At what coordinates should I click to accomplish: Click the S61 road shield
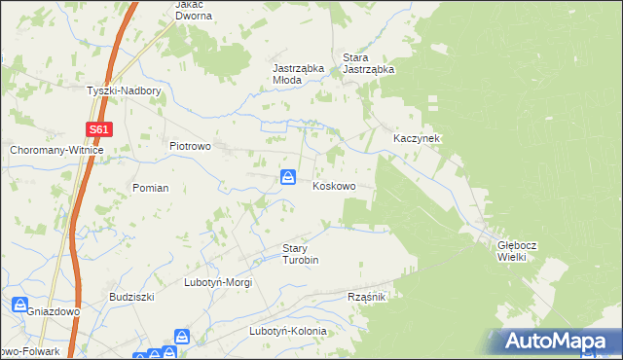tap(98, 128)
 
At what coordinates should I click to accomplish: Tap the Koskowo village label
tap(333, 186)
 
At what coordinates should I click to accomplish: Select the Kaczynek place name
tap(417, 139)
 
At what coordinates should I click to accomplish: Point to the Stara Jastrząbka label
tap(368, 63)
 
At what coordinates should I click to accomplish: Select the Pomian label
tap(151, 188)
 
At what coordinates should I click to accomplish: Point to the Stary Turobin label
tap(301, 254)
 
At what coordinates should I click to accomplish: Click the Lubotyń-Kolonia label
tap(287, 331)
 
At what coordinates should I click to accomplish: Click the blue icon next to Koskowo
tap(288, 177)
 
